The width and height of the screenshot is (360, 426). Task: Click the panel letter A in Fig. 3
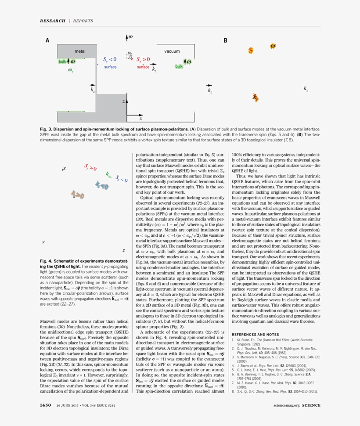point(47,40)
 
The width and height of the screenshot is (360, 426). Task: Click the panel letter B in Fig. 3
point(225,40)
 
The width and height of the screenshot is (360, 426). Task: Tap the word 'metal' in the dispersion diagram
point(80,51)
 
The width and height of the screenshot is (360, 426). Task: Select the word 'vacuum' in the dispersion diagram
point(172,51)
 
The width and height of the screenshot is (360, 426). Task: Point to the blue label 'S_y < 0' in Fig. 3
point(110,59)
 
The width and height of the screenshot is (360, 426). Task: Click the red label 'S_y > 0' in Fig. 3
point(143,59)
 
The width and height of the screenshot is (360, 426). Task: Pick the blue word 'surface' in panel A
point(110,67)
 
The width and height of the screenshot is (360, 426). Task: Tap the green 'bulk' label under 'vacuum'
point(179,66)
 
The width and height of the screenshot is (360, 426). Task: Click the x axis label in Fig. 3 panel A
point(140,119)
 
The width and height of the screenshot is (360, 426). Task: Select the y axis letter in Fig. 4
point(43,242)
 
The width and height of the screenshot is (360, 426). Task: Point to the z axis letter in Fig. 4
point(123,250)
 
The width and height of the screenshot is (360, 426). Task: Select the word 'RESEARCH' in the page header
point(52,21)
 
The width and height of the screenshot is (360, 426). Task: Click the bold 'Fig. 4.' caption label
point(47,261)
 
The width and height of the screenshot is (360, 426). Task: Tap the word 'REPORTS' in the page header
point(83,21)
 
